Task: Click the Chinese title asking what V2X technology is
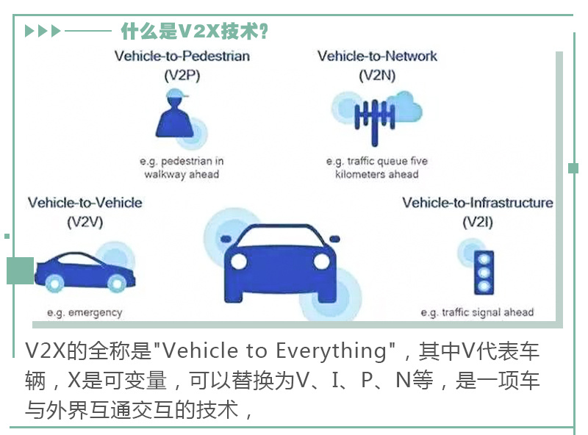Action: [194, 31]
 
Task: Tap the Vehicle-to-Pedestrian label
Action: [182, 57]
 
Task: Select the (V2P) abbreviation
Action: [182, 76]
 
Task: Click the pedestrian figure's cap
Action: [176, 93]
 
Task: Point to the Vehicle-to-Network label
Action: [377, 57]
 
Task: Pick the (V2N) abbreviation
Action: [377, 76]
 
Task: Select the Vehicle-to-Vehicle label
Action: [85, 203]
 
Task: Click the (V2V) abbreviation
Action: [85, 223]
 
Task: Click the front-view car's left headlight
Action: [239, 262]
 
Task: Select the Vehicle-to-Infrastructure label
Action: [478, 203]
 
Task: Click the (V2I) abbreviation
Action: [478, 223]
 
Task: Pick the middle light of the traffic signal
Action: [484, 273]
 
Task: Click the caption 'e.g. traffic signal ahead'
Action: [477, 312]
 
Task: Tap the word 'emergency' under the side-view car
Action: [96, 313]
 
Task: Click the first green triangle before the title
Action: [29, 31]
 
